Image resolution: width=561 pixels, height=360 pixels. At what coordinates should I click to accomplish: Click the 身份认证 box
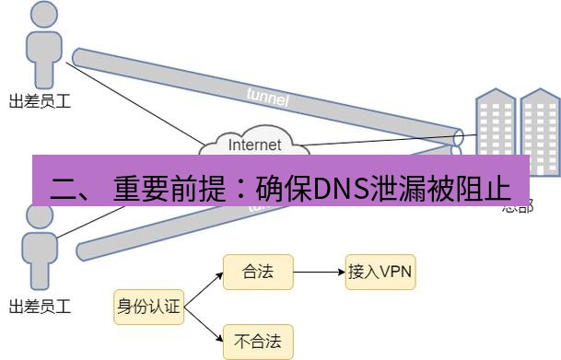tap(148, 307)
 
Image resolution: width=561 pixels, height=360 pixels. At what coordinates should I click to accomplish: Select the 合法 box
tap(258, 272)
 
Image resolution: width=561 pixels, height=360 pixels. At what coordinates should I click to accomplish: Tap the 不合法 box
tap(258, 342)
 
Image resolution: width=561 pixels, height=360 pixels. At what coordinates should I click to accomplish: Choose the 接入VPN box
tap(380, 272)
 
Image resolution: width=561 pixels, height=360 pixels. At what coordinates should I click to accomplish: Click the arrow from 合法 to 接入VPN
tap(319, 272)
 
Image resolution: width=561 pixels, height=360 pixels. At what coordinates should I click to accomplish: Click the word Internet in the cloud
tap(254, 145)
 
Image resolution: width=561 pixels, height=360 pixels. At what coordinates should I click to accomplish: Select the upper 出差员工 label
tap(40, 102)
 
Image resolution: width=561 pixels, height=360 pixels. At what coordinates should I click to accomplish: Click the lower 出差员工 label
tap(40, 306)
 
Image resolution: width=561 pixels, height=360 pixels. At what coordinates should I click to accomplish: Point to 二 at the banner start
tap(64, 190)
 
